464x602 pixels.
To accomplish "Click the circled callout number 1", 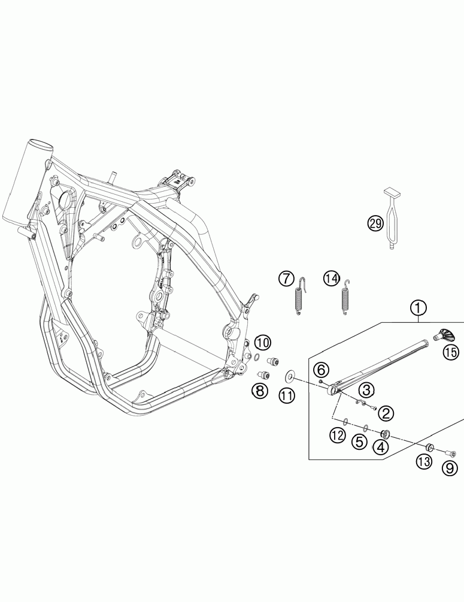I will pos(418,308).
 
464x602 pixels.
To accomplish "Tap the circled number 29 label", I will pos(375,224).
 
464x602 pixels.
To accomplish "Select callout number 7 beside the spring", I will pos(286,279).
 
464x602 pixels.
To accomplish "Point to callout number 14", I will pos(331,278).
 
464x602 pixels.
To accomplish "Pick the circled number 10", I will pos(262,343).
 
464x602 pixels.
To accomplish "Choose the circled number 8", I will pos(259,391).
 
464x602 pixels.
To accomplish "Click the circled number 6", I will pos(320,368).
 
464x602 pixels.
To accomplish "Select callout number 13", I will pos(424,461).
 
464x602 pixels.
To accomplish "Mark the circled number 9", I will pos(450,469).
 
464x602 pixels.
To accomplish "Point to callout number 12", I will pos(338,435).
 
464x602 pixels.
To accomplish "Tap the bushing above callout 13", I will pos(429,447).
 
